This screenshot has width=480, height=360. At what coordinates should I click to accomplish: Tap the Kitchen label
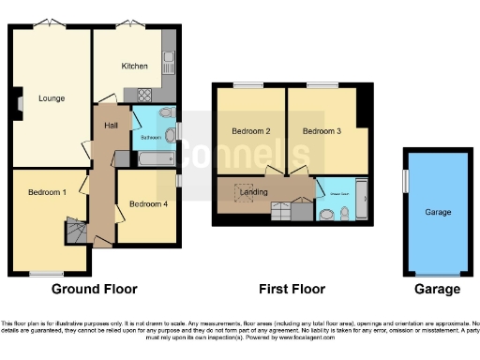[135, 66]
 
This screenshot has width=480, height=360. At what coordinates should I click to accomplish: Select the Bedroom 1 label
[47, 192]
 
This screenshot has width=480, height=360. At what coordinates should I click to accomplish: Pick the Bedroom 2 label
[250, 131]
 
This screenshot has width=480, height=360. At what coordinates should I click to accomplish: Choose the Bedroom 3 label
[322, 131]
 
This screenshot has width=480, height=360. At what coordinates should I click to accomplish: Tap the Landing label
[255, 192]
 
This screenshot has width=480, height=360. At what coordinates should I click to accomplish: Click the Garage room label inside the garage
[438, 213]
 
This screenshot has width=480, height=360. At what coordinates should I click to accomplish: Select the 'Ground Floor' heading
[94, 289]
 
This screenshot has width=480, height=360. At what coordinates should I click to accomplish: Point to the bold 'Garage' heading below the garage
[438, 289]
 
